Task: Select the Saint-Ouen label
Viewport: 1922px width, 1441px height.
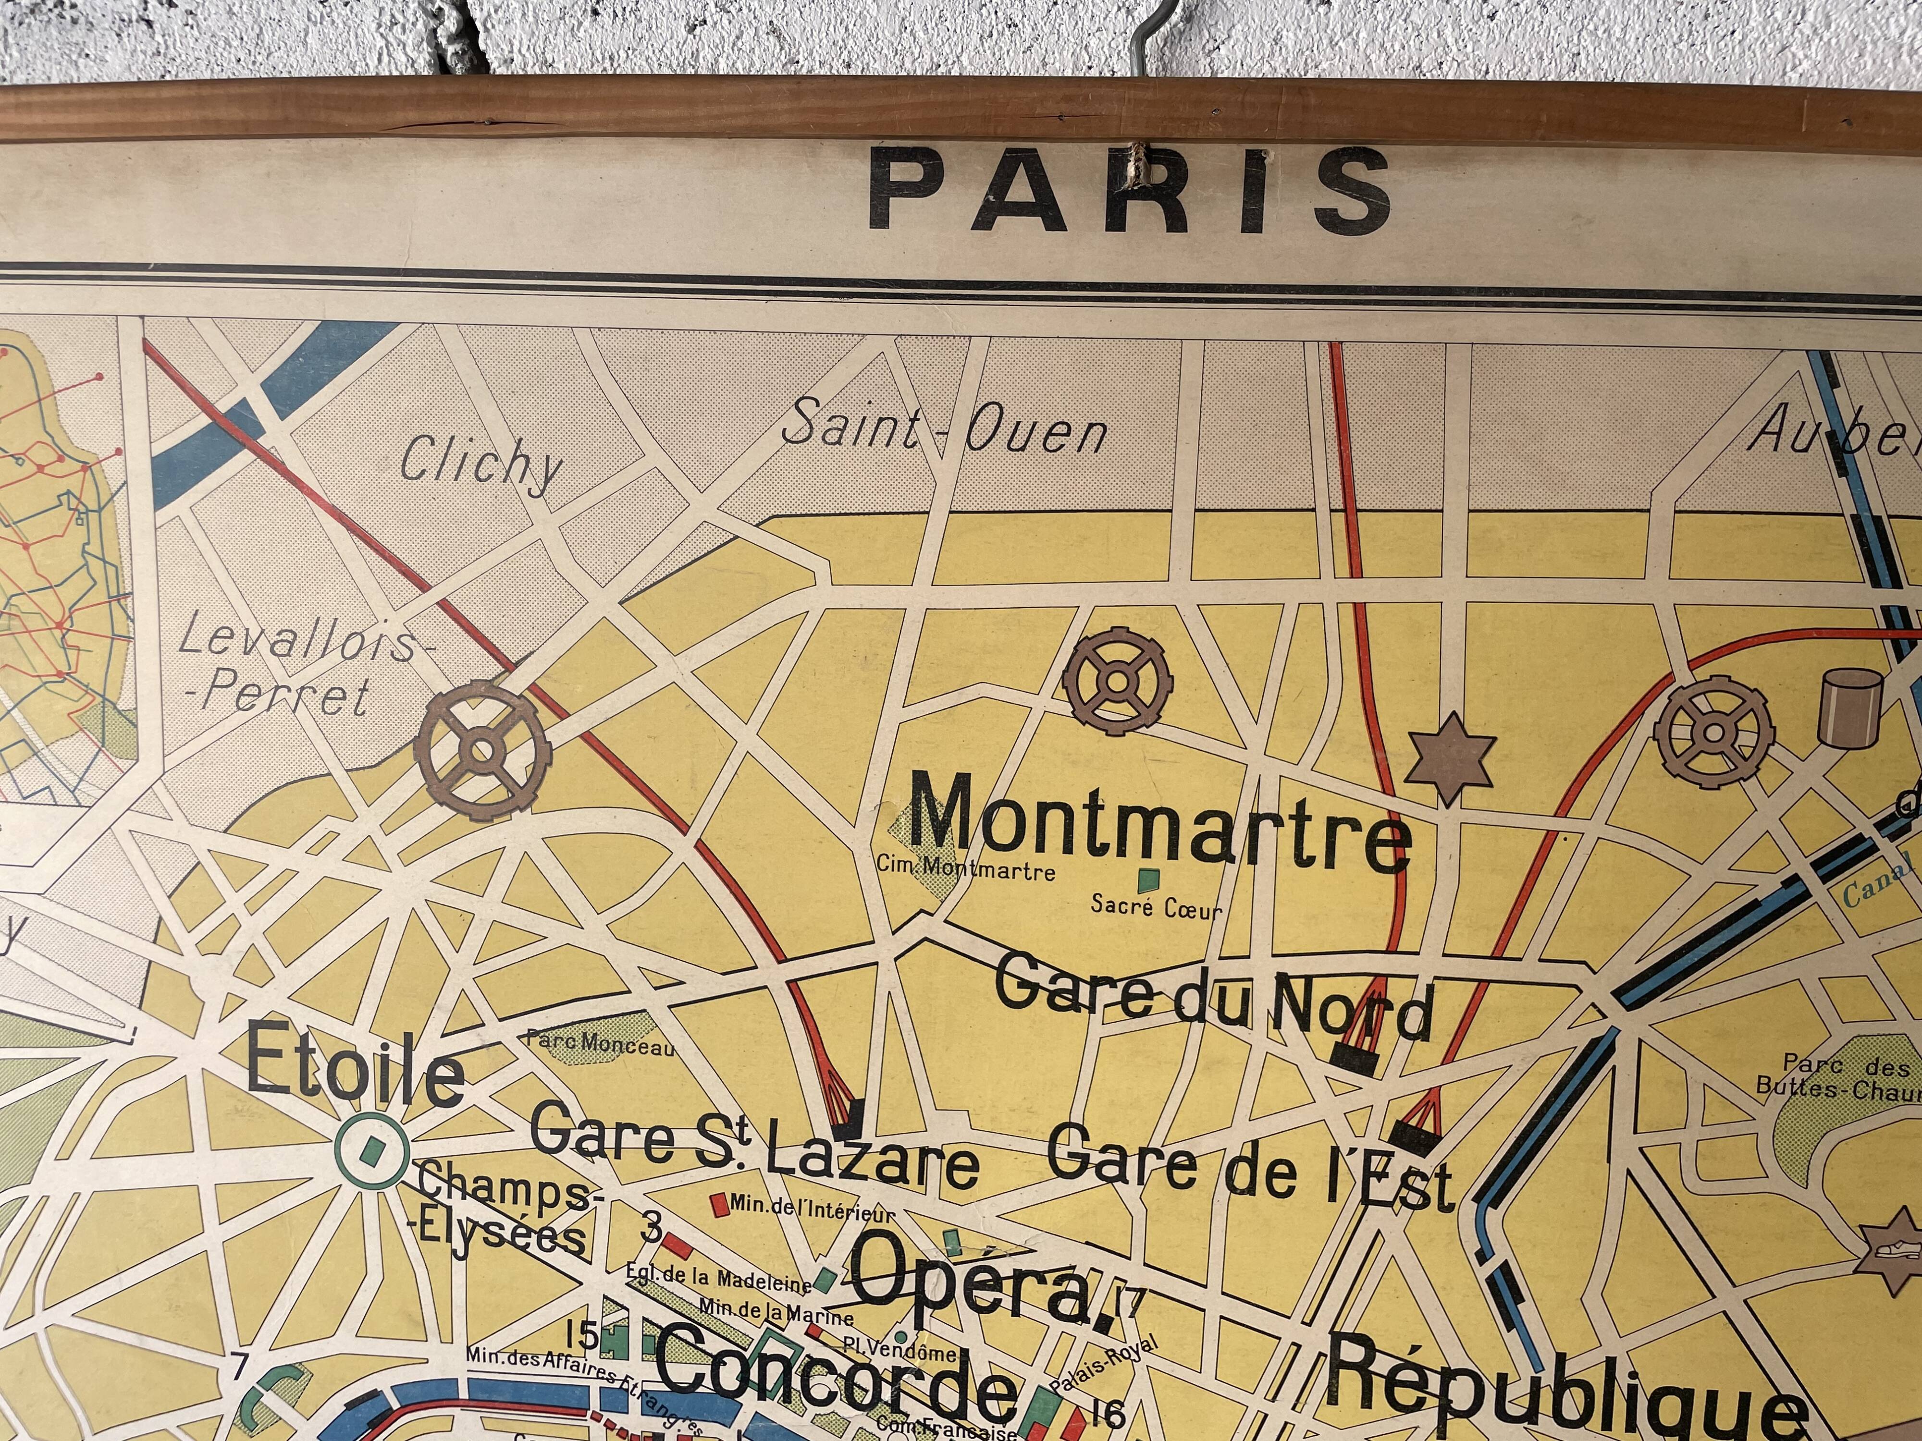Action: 945,432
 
